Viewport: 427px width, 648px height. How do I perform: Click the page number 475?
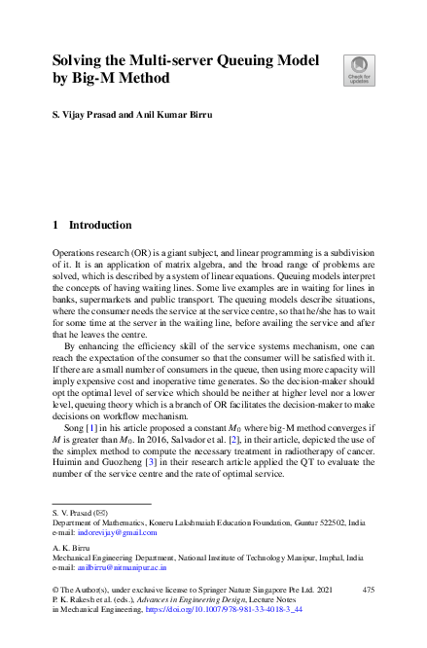368,590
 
